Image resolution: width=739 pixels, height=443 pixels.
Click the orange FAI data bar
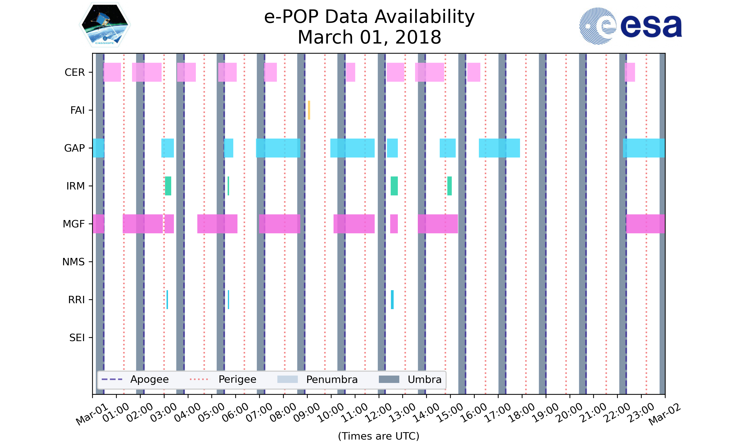click(309, 110)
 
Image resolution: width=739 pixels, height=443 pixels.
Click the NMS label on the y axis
click(73, 262)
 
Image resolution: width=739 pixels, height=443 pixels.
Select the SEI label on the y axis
click(77, 338)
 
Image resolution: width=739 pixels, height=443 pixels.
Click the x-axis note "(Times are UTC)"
click(378, 436)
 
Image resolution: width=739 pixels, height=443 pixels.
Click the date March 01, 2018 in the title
click(369, 37)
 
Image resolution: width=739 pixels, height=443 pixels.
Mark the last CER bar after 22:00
click(630, 72)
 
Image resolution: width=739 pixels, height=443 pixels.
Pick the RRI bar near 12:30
click(392, 300)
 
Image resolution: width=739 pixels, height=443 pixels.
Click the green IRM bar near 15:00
click(449, 186)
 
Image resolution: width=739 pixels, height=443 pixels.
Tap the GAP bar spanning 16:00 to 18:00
click(499, 148)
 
